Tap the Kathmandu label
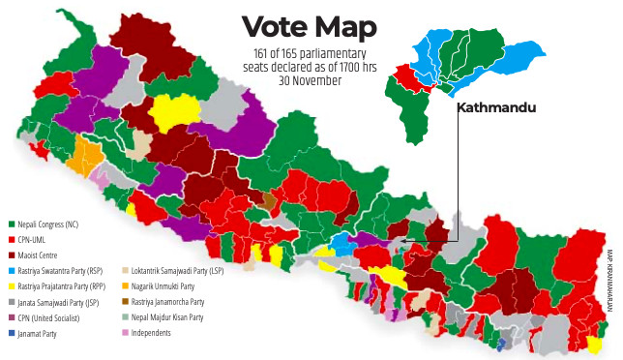point(495,108)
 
